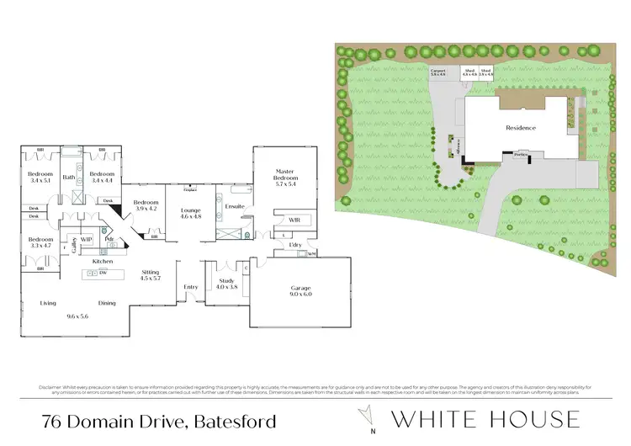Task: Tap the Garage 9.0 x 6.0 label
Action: pyautogui.click(x=300, y=291)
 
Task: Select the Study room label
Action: pyautogui.click(x=227, y=284)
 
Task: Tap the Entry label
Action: pyautogui.click(x=191, y=287)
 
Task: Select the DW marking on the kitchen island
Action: pyautogui.click(x=102, y=273)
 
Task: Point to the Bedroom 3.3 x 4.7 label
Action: pyautogui.click(x=40, y=243)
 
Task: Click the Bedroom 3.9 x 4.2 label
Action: pyautogui.click(x=145, y=204)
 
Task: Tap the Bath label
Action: pyautogui.click(x=70, y=178)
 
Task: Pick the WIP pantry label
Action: pyautogui.click(x=87, y=239)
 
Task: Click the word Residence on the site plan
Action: pyautogui.click(x=520, y=128)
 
